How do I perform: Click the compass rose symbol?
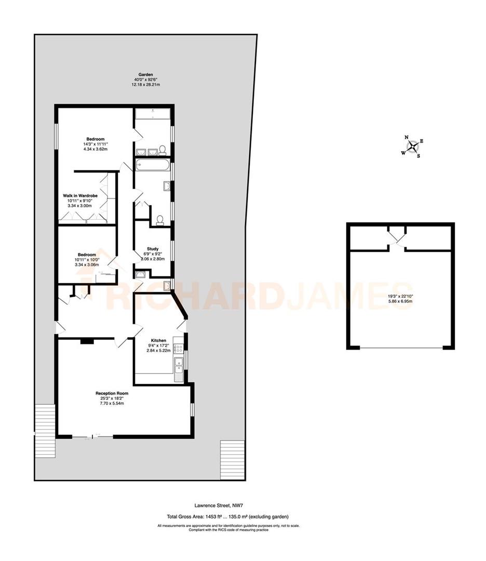point(413,147)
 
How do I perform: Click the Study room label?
point(153,249)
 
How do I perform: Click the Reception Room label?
point(112,393)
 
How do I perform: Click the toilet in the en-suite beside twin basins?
point(162,151)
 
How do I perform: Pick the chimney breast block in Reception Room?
point(87,341)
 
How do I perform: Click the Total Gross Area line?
point(227,516)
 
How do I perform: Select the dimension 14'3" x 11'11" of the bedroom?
point(95,144)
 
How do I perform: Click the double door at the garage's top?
point(397,237)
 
